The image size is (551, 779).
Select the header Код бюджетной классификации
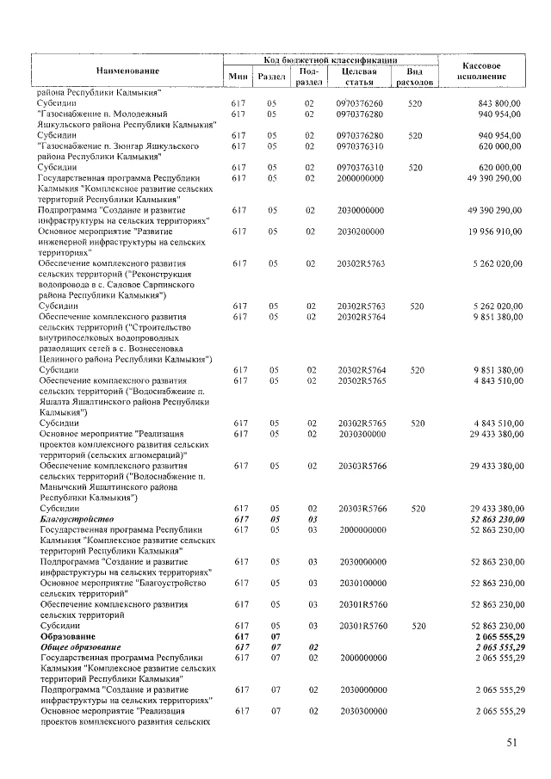click(x=331, y=60)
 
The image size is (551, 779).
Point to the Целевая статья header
click(x=360, y=77)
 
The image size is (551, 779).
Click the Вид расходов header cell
click(x=415, y=77)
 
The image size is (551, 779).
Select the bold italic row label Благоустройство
click(x=77, y=520)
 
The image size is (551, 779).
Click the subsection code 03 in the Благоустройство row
click(x=312, y=520)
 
